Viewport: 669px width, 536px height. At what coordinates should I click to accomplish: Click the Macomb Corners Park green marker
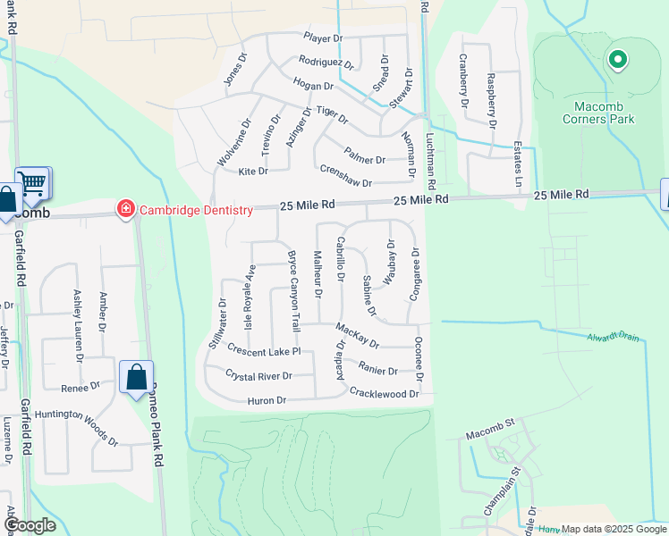(616, 61)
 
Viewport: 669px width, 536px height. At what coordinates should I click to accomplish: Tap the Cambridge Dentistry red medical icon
(126, 210)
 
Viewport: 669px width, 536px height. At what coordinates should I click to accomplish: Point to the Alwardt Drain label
(614, 337)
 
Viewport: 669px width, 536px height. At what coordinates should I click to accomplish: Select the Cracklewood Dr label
(384, 393)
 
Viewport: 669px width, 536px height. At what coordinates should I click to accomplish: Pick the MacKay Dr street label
(358, 337)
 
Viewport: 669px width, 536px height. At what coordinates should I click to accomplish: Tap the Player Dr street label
(323, 38)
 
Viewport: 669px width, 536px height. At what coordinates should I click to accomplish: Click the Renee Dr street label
(80, 388)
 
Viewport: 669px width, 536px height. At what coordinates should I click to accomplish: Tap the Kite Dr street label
(253, 172)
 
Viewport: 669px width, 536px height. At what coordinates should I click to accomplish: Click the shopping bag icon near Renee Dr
(136, 378)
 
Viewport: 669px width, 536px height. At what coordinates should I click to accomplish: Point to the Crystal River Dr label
(258, 375)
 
